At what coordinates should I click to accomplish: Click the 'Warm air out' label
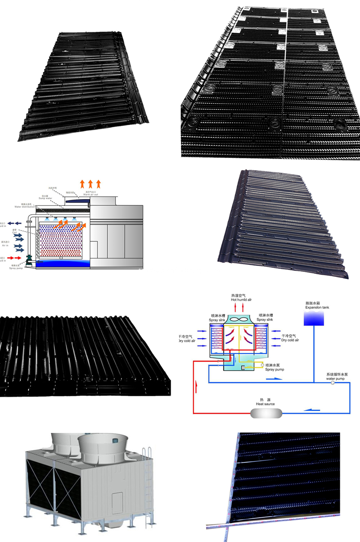91,194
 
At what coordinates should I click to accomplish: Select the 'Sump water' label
45,198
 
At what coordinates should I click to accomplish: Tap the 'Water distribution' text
24,207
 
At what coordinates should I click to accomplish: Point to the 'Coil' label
14,232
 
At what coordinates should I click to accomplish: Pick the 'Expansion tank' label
317,307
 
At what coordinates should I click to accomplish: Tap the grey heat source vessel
266,413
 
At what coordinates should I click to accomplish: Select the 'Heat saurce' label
265,404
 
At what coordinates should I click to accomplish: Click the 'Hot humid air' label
241,299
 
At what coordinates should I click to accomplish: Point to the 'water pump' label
335,379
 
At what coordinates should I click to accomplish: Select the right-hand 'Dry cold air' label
290,340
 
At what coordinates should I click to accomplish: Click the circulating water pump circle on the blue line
333,383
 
